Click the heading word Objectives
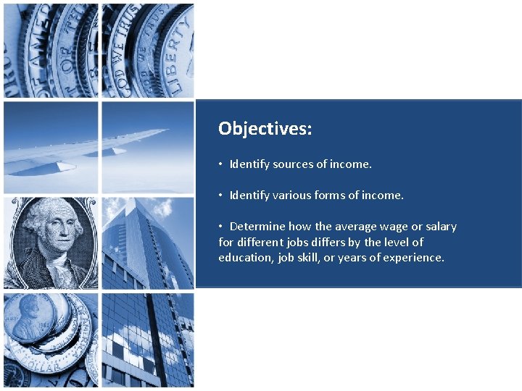(x=265, y=129)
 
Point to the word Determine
(x=257, y=227)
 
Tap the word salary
(x=441, y=227)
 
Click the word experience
(x=413, y=258)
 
